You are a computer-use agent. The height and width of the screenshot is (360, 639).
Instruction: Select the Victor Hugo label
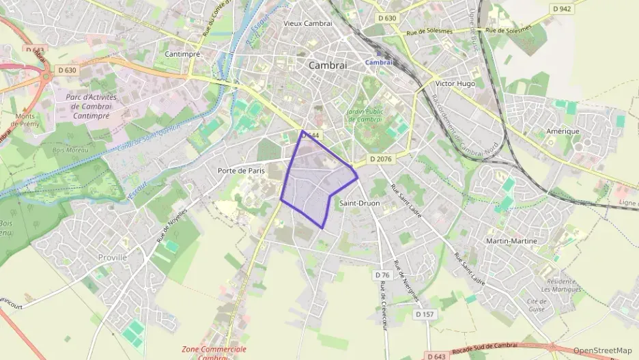pos(455,84)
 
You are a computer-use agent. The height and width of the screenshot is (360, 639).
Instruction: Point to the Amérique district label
pos(563,130)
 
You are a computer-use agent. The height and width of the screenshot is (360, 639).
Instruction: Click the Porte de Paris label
pos(240,170)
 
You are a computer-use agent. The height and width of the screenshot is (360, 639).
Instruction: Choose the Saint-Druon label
pos(359,203)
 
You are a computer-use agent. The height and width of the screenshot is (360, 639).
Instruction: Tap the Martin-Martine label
pos(511,241)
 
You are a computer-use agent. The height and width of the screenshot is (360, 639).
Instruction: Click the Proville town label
pos(113,258)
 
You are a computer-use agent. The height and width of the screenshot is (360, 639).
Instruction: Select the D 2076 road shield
pos(382,158)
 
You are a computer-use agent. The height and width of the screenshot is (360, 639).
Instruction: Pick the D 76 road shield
pos(382,275)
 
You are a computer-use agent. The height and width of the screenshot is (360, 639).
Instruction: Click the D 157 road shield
pos(425,314)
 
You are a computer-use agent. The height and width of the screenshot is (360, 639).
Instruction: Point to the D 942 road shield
pos(561,9)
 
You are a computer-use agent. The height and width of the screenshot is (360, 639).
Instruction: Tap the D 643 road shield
pos(436,356)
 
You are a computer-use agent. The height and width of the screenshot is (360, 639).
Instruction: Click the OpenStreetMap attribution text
pos(602,351)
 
